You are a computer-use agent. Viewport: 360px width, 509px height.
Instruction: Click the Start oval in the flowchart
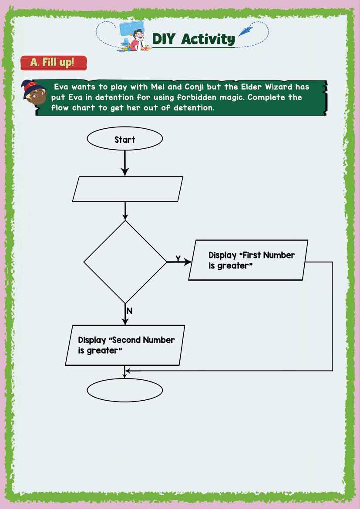(125, 139)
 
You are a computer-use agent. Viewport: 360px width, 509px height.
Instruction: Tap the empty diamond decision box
(125, 262)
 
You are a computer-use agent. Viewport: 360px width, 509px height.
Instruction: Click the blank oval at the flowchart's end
(125, 389)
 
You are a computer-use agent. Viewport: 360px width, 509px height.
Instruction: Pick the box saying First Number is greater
(249, 260)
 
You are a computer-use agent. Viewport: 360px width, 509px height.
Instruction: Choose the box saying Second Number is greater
(125, 345)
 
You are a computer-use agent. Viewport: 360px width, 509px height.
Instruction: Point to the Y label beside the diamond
(178, 258)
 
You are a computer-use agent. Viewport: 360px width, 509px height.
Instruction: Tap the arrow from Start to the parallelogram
(125, 163)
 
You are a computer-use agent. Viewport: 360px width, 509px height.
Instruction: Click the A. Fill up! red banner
(53, 62)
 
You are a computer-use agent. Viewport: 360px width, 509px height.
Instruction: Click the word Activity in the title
(208, 39)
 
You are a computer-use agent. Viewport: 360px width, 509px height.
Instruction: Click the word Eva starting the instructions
(61, 87)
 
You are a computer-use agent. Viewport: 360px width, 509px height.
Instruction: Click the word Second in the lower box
(126, 340)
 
